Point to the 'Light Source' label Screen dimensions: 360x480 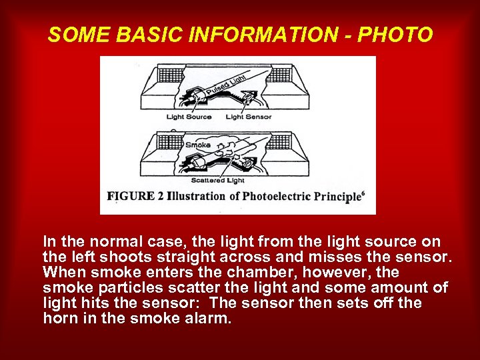(x=189, y=117)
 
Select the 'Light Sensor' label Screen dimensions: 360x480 (x=249, y=117)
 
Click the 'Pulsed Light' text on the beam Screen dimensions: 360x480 (x=225, y=86)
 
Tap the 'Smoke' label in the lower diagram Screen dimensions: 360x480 (x=198, y=145)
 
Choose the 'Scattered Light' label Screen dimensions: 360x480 (x=218, y=180)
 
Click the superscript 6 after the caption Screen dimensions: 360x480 (x=363, y=193)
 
